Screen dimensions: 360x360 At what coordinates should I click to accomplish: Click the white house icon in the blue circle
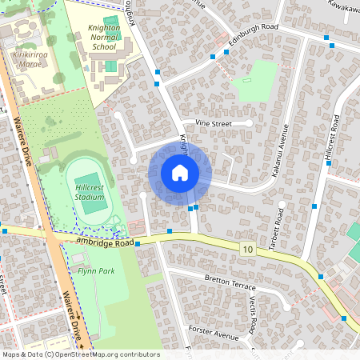(180, 173)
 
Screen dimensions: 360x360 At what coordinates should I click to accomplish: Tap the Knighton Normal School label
(104, 37)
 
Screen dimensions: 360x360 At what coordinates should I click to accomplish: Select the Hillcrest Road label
(332, 140)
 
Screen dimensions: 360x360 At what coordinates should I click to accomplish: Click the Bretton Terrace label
(230, 281)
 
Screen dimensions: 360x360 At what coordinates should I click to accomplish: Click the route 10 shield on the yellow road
(247, 250)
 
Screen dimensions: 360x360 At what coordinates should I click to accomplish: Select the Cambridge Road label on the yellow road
(103, 241)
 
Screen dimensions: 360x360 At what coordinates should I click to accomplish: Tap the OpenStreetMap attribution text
(81, 354)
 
